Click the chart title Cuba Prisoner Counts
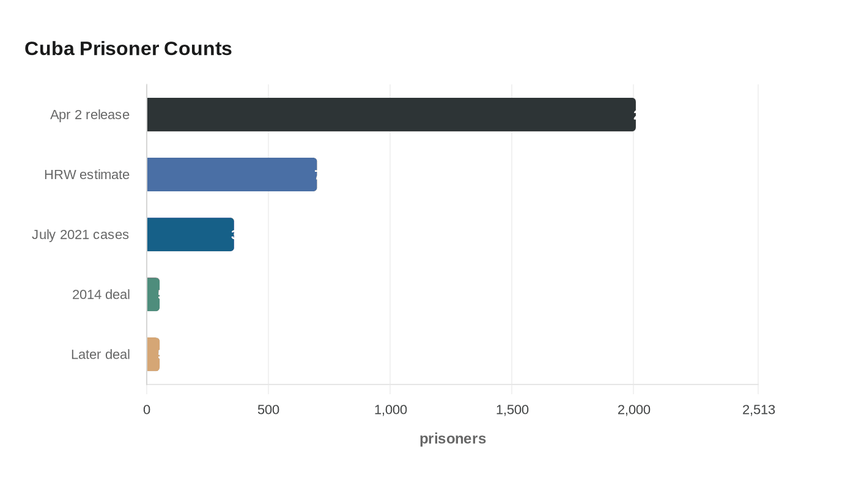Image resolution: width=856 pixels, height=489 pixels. pos(128,49)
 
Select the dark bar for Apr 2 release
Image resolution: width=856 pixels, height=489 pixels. pos(391,114)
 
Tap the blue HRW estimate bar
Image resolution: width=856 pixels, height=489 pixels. pos(232,174)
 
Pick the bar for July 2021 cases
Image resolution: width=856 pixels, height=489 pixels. pos(190,234)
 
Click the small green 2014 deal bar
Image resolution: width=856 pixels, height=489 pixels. pos(153,294)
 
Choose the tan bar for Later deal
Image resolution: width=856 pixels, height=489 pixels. pos(153,354)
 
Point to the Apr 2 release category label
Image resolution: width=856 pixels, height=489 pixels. pos(90,114)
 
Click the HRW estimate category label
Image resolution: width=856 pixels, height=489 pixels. pos(87,174)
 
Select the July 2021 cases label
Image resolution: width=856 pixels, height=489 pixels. pos(80,234)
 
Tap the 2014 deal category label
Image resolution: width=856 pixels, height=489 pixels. pos(101,294)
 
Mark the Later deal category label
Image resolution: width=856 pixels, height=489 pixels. pos(100,354)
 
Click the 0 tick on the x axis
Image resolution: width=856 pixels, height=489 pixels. pos(147,410)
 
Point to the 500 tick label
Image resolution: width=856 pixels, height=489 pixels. pos(268,410)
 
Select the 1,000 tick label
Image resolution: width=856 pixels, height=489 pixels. pos(391,410)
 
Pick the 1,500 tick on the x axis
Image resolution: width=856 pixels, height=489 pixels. pos(512,410)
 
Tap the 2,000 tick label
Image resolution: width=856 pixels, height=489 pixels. pos(634,410)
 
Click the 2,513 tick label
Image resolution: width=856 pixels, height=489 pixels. pos(759,410)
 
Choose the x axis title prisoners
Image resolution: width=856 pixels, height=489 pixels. pos(452,438)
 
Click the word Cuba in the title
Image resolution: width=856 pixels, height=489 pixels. pos(50,49)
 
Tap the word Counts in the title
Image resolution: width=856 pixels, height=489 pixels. pos(198,49)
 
